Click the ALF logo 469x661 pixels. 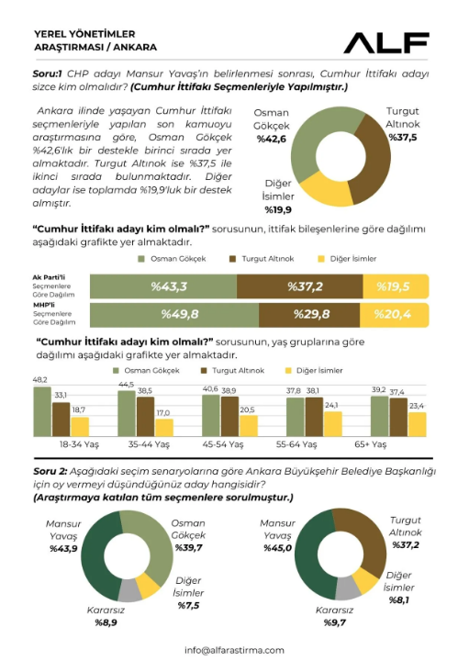(x=386, y=42)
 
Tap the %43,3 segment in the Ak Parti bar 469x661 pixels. (x=163, y=286)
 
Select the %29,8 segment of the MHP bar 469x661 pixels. (x=309, y=315)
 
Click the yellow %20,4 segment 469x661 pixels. (x=394, y=315)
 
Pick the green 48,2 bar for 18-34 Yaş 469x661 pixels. (x=42, y=411)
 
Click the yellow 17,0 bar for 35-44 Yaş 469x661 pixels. (x=164, y=428)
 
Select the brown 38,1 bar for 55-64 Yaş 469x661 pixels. (x=314, y=417)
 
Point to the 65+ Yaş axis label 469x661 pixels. (x=371, y=444)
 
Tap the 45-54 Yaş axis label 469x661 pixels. (x=222, y=444)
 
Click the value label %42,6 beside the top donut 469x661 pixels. (x=272, y=140)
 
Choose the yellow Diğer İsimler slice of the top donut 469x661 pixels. (x=325, y=189)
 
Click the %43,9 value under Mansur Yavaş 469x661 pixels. (x=63, y=548)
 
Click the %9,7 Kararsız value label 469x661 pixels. (x=335, y=622)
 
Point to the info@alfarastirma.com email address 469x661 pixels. (x=234, y=651)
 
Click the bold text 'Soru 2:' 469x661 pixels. (x=50, y=471)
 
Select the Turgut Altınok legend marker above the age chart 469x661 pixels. (x=205, y=371)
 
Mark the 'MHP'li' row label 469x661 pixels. (x=44, y=305)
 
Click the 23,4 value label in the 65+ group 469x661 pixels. (x=417, y=406)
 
